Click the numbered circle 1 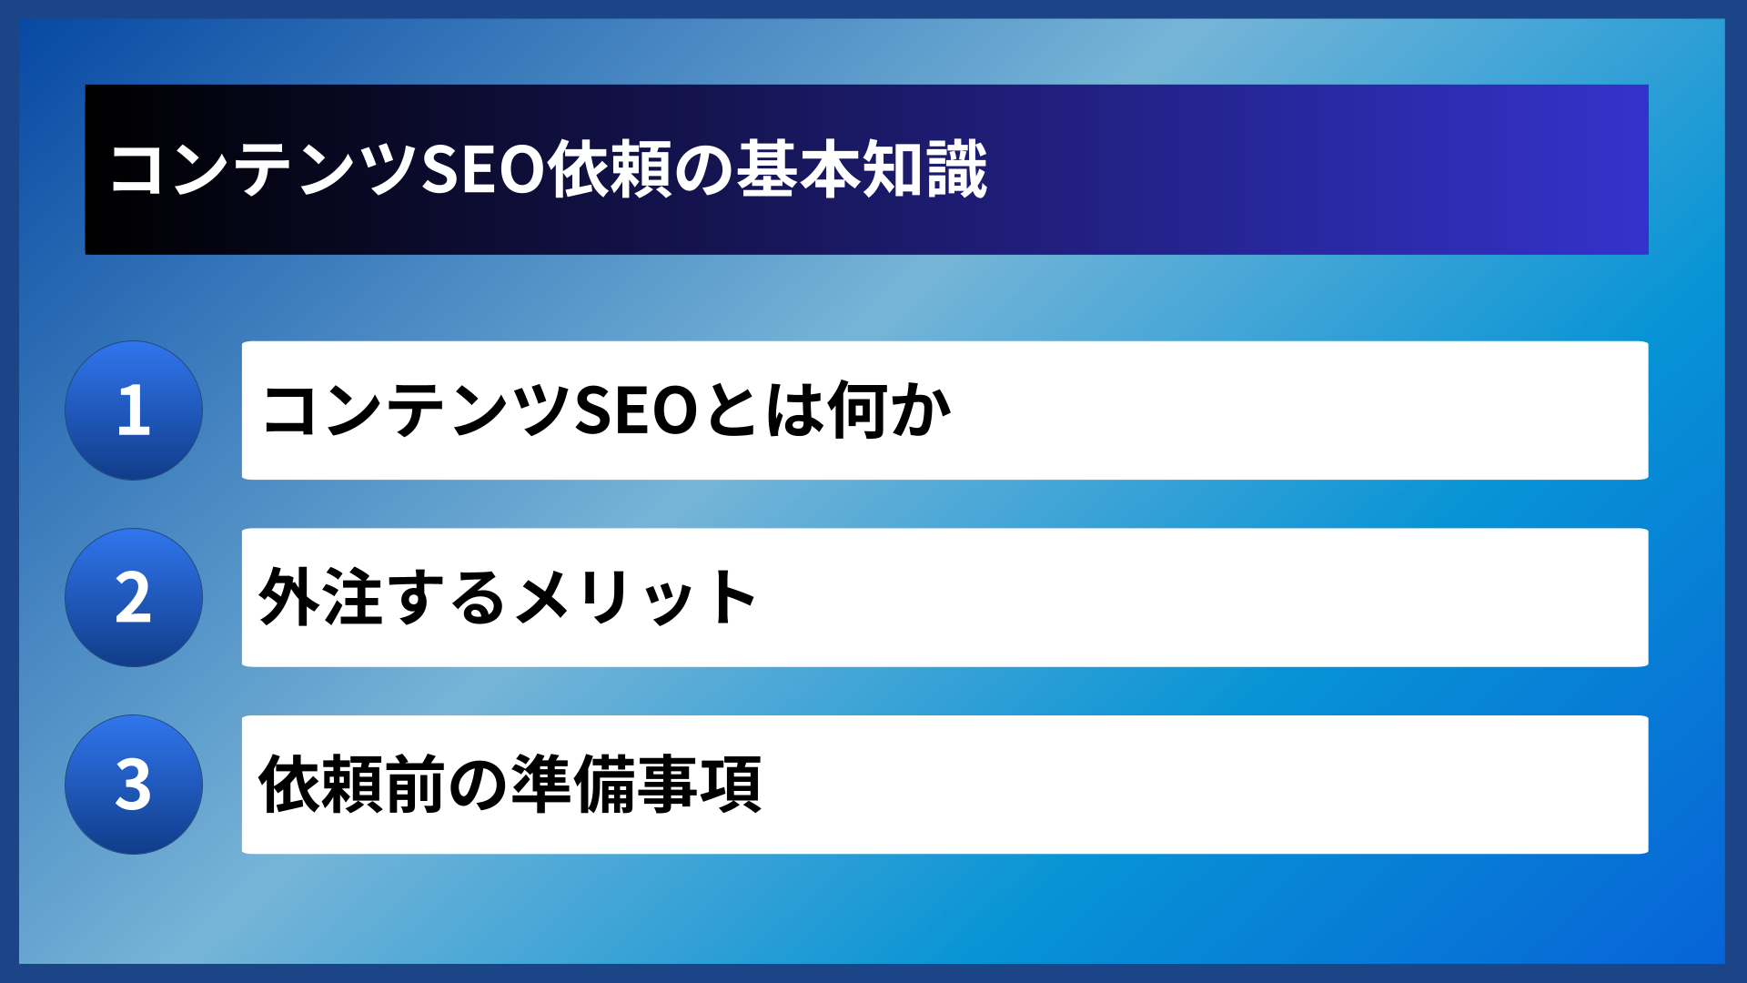click(134, 410)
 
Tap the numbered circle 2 click(134, 598)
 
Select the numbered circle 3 click(134, 785)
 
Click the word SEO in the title click(483, 170)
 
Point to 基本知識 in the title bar click(862, 170)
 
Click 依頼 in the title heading click(610, 170)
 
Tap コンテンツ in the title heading click(264, 170)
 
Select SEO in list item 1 click(637, 410)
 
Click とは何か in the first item click(828, 410)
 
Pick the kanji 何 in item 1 click(857, 410)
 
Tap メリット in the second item click(637, 598)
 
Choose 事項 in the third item click(699, 785)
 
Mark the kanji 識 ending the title click(957, 170)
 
